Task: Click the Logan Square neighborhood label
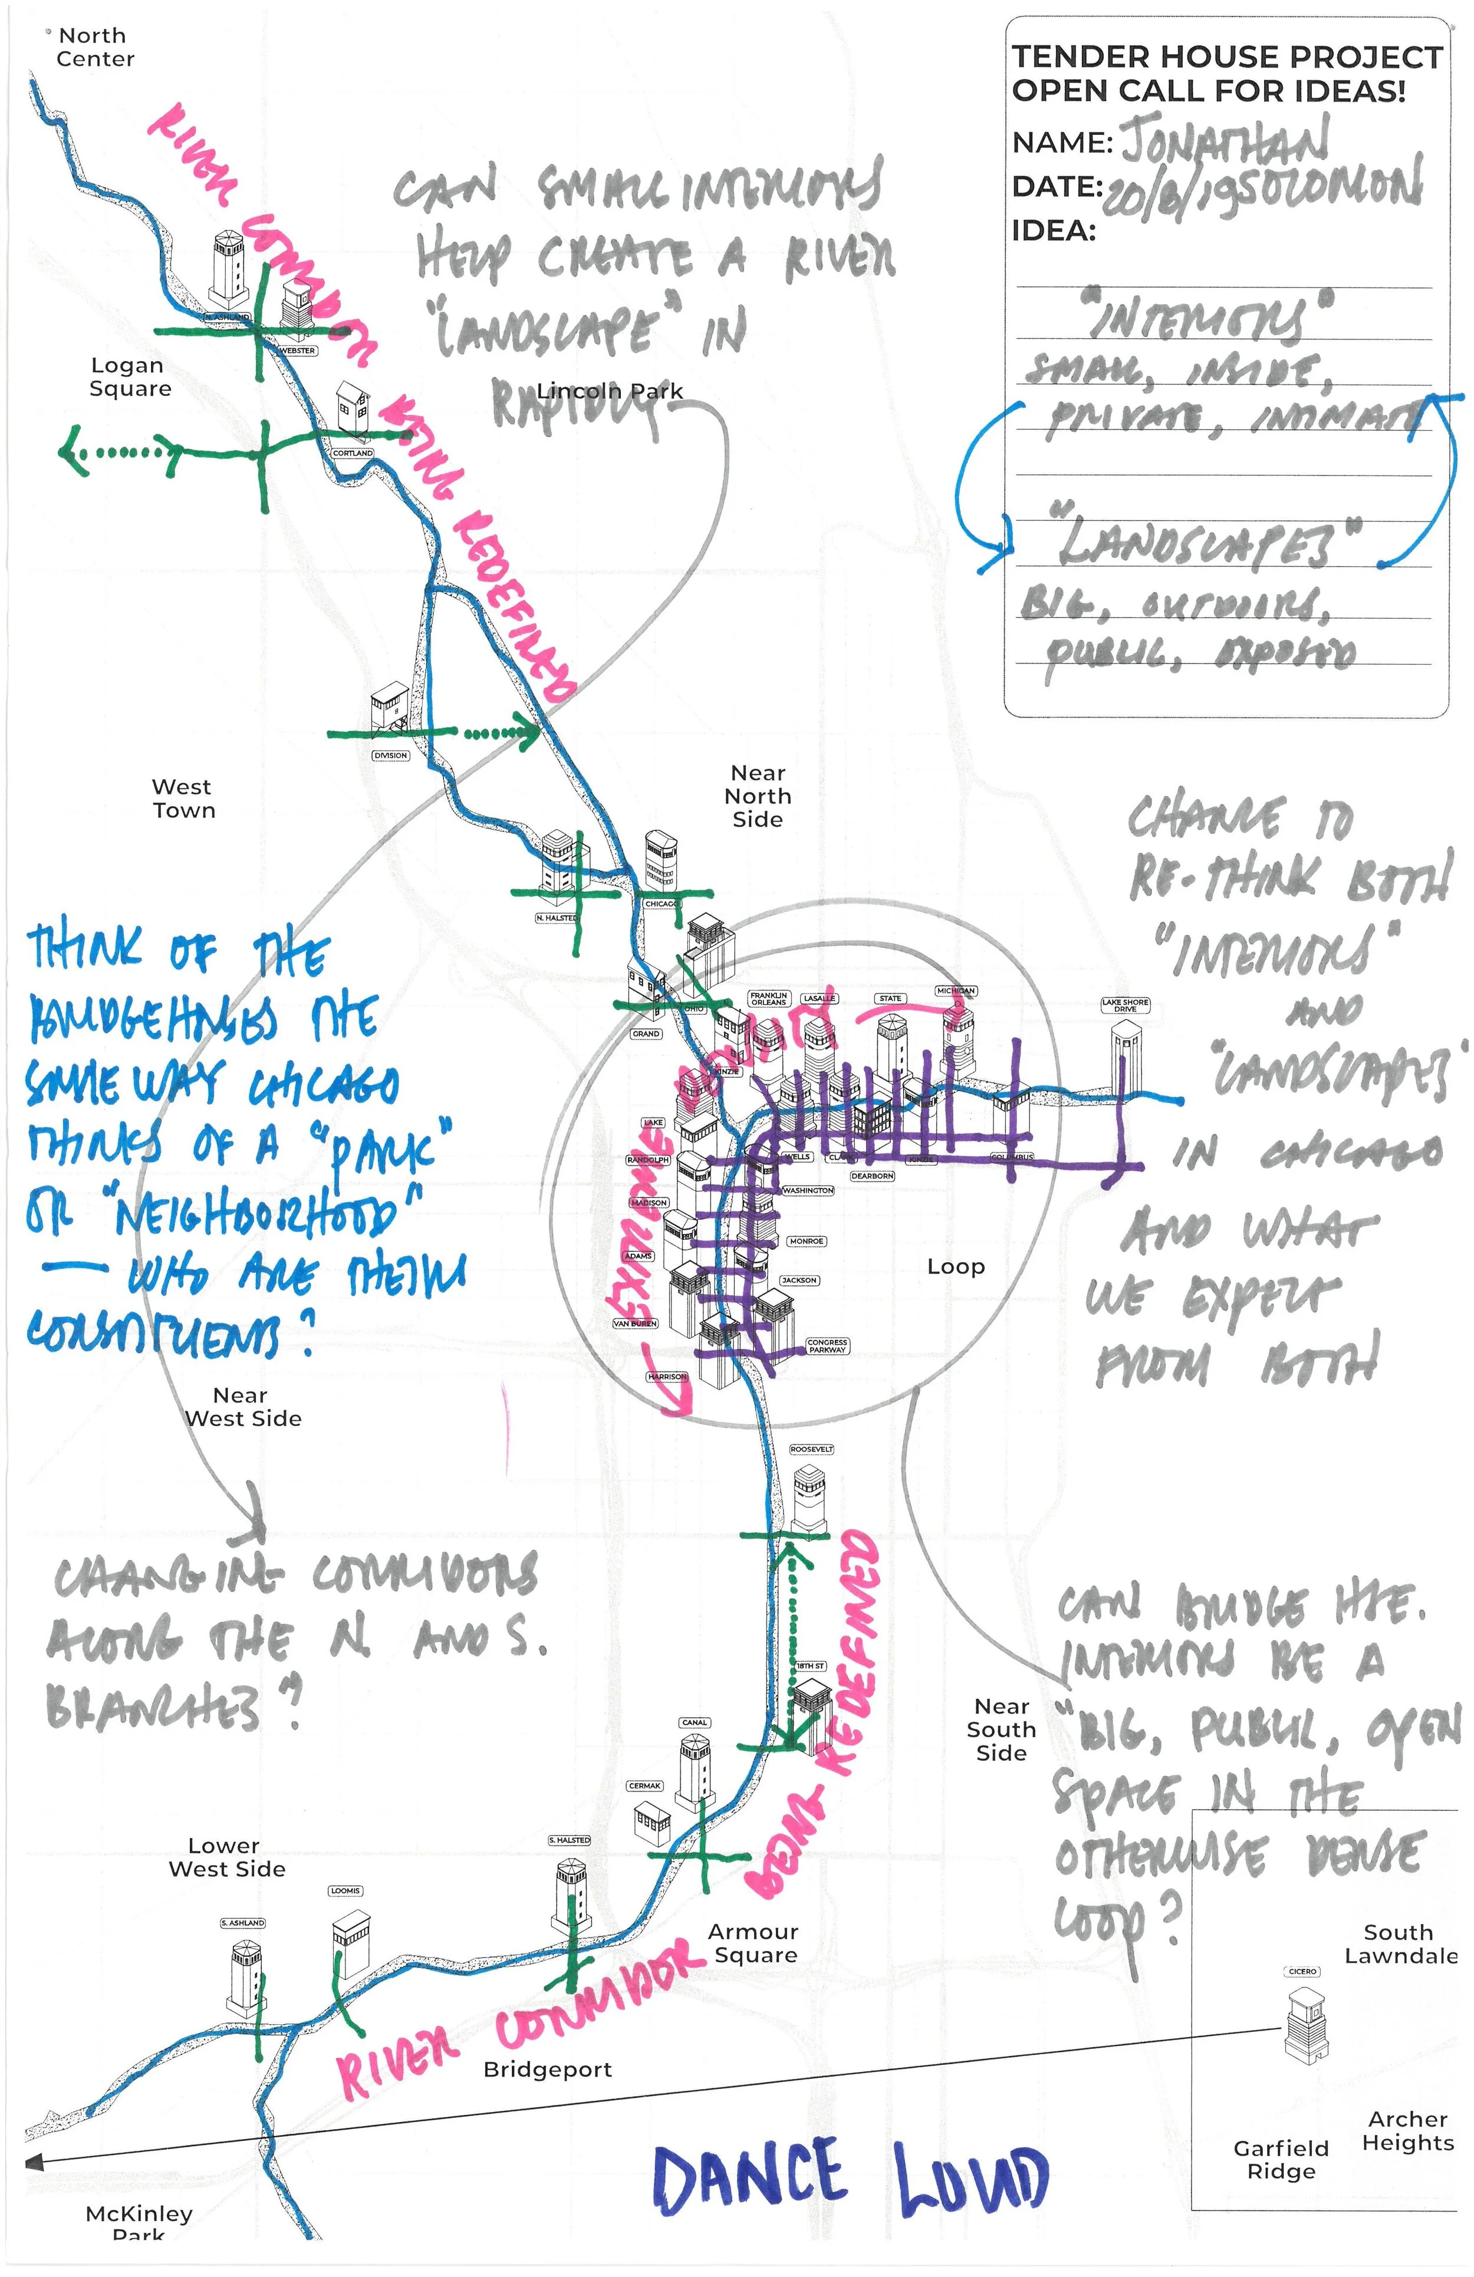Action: tap(129, 377)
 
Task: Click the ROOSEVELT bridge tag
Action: tap(812, 1450)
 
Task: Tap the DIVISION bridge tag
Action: tap(390, 756)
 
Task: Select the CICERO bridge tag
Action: tap(1302, 1972)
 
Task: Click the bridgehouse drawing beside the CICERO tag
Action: tap(1305, 2025)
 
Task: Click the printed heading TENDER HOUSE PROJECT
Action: tap(1226, 57)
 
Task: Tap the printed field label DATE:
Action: tap(1057, 187)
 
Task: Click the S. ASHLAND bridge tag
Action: tap(242, 1923)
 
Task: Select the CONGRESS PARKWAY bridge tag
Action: tap(827, 1346)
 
